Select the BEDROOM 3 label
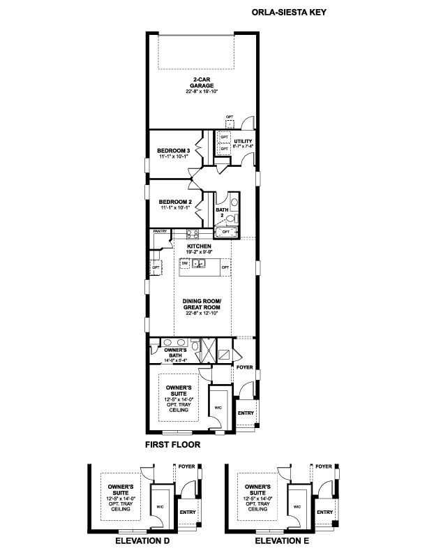point(173,151)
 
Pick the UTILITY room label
point(244,142)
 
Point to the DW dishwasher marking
point(185,264)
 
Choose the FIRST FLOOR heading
point(172,444)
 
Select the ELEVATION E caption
point(281,541)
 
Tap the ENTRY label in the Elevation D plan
point(188,513)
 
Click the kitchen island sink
point(200,264)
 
